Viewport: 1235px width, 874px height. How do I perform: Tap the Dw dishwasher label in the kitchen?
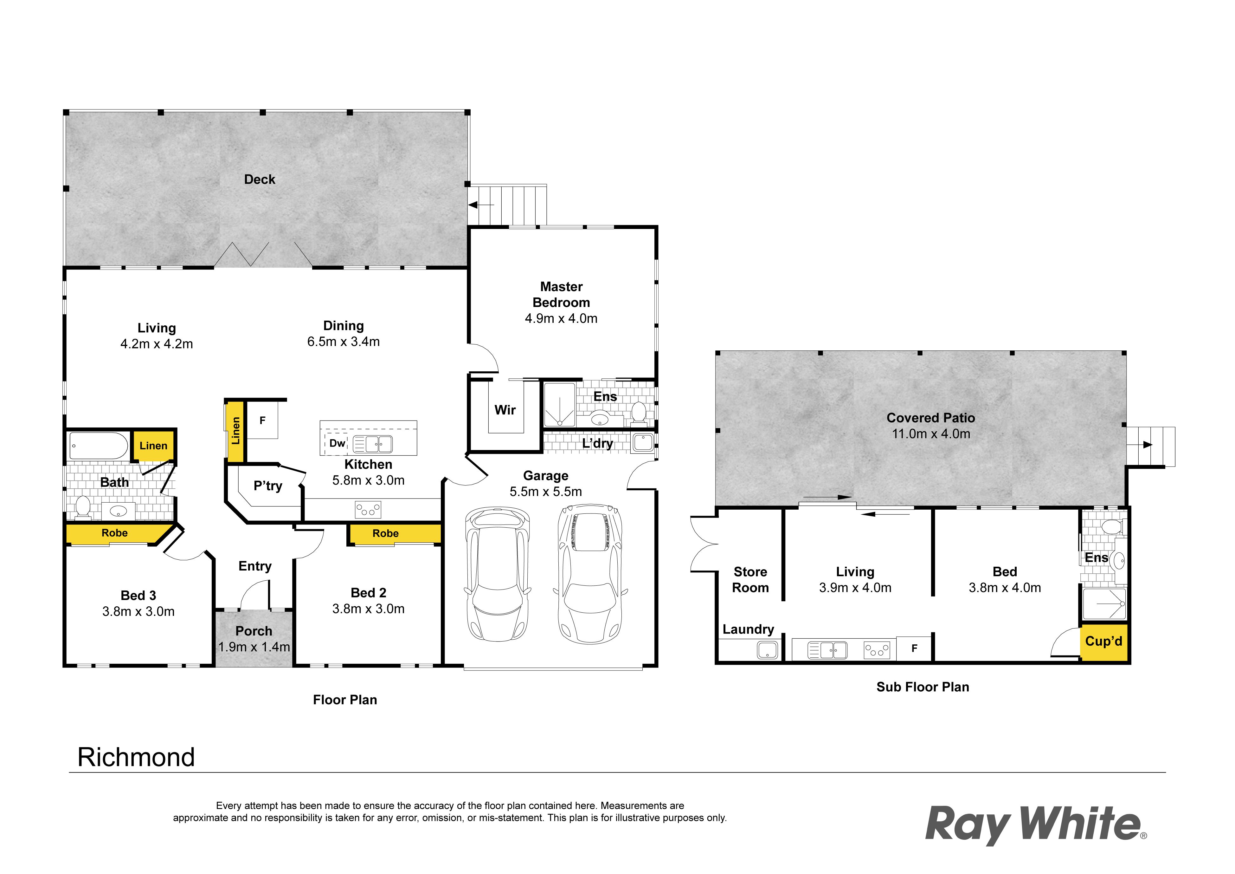click(337, 443)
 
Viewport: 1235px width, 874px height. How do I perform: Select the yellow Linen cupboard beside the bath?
click(154, 446)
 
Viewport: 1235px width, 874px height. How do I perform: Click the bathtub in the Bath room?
click(99, 446)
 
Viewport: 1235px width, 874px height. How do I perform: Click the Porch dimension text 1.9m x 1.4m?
click(254, 647)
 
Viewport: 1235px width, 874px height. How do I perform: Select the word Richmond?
click(136, 757)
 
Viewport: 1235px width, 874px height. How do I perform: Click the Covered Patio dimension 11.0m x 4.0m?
click(931, 434)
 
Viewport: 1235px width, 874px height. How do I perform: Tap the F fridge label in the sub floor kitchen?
click(914, 649)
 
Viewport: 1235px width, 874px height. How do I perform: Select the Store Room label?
click(750, 580)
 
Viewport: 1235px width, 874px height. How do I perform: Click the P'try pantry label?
click(268, 486)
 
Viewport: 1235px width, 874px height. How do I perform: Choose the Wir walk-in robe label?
click(505, 410)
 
